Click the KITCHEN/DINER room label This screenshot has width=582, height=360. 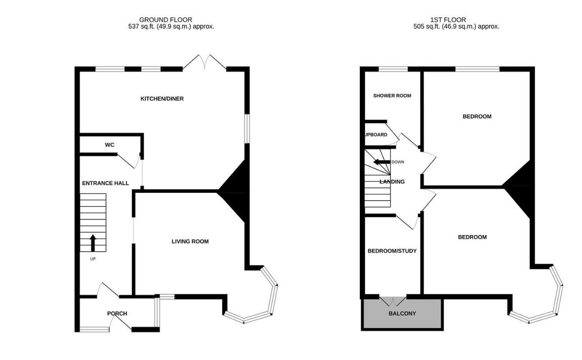click(162, 99)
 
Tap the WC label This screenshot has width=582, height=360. click(110, 145)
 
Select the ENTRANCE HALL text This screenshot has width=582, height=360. click(105, 183)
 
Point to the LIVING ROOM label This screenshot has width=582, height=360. click(190, 242)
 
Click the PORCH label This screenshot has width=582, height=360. click(117, 314)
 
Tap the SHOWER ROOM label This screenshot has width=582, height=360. click(392, 96)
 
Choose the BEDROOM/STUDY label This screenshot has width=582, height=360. click(392, 251)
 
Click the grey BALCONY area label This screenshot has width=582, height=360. click(402, 314)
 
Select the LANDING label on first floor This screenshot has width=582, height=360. click(392, 182)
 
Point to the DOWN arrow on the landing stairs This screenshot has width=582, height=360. click(381, 162)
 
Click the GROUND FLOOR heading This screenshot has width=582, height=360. click(165, 20)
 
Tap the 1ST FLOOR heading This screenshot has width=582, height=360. click(448, 20)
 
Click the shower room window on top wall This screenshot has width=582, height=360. click(393, 69)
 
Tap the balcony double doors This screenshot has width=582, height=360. click(393, 301)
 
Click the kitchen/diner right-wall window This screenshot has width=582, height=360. click(247, 128)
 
